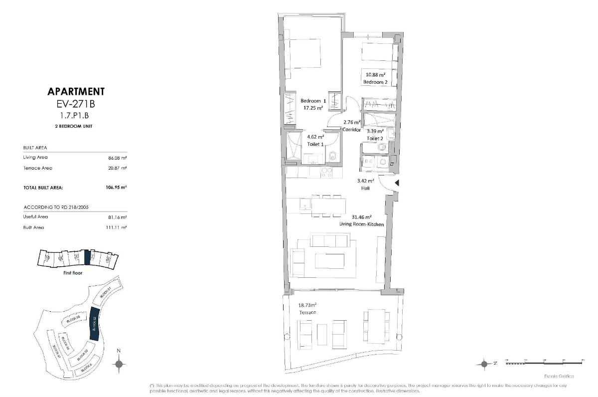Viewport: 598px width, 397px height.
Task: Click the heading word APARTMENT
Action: click(76, 91)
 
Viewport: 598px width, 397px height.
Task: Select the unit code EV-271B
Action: click(76, 105)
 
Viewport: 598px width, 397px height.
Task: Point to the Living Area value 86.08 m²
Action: click(117, 158)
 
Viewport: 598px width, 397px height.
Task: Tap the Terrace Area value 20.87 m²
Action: click(117, 168)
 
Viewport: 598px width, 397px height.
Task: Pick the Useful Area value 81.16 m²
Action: click(117, 217)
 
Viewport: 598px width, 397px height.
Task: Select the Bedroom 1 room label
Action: click(313, 101)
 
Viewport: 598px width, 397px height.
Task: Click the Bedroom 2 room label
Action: click(376, 81)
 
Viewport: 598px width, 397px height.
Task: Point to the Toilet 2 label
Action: click(375, 138)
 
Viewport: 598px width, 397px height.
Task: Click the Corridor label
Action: click(352, 129)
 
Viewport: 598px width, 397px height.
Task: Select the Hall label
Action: click(365, 189)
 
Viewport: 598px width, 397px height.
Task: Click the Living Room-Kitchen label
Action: click(361, 224)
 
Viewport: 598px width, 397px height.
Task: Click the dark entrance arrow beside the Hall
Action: click(397, 183)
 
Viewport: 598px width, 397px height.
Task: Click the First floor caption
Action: click(73, 273)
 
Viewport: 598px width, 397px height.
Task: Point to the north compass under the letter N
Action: click(119, 364)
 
